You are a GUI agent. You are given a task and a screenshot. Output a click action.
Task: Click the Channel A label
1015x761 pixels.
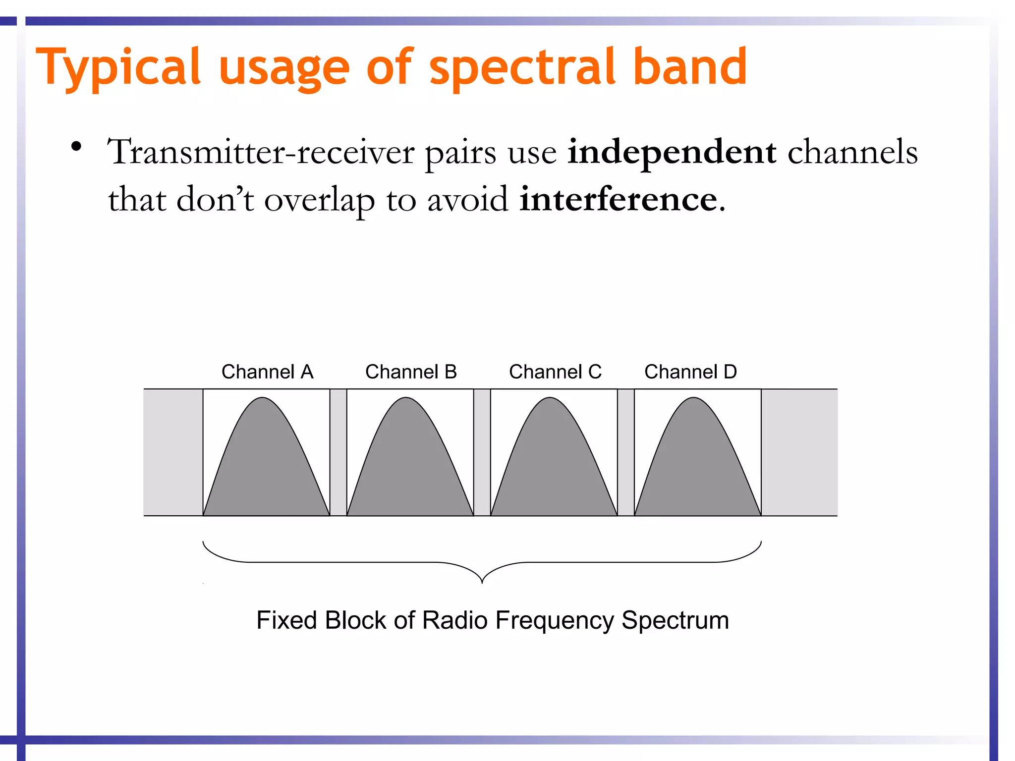pos(267,372)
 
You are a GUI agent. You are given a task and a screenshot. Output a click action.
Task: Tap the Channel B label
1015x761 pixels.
pos(411,372)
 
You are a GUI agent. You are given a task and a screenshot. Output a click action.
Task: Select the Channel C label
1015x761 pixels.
pos(555,372)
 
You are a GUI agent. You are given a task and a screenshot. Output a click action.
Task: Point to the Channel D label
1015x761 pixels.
pos(690,372)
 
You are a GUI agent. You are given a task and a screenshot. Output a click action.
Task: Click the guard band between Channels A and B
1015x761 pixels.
pos(338,452)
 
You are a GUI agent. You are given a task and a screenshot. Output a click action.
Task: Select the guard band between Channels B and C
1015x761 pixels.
pos(482,452)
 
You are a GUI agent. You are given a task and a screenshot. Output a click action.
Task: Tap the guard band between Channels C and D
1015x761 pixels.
pos(625,452)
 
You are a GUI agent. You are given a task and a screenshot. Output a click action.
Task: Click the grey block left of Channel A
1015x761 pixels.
pos(173,452)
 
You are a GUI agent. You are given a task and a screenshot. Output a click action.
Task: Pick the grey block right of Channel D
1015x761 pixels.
pos(799,452)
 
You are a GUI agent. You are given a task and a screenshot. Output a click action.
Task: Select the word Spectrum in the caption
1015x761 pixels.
pos(675,621)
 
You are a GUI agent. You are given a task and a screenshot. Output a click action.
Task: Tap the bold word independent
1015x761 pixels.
pos(672,152)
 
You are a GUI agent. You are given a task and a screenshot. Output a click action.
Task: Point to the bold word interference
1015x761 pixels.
pos(618,199)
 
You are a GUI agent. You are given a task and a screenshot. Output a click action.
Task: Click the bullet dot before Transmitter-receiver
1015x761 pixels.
pos(76,147)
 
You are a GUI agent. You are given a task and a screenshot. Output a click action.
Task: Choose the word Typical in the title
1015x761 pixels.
pos(118,67)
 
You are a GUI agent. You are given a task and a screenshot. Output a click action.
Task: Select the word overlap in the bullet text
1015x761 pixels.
pos(319,200)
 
